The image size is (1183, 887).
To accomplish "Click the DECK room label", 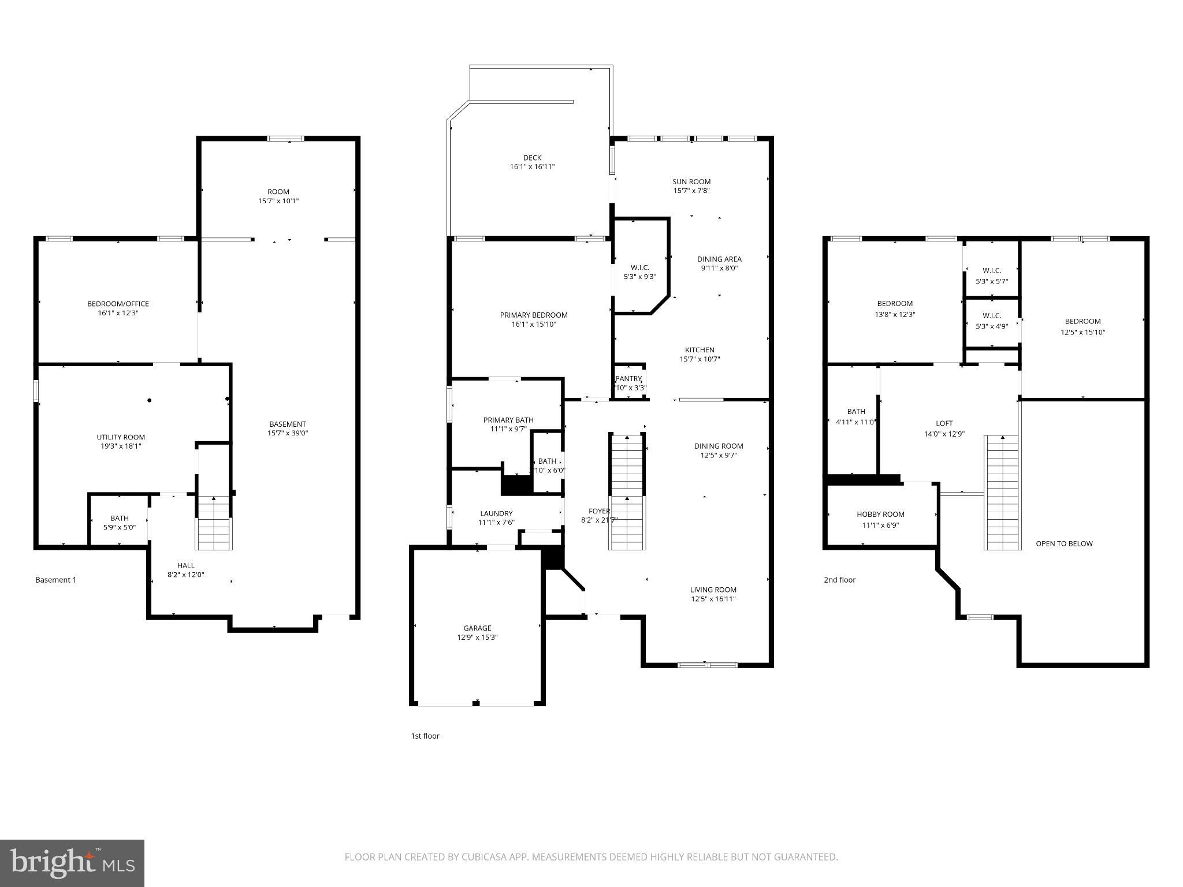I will pyautogui.click(x=532, y=158).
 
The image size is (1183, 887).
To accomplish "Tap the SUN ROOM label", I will pyautogui.click(x=691, y=181).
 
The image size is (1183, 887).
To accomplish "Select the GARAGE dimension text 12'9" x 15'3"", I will pyautogui.click(x=477, y=638).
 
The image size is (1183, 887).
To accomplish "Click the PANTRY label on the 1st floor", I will pyautogui.click(x=628, y=379).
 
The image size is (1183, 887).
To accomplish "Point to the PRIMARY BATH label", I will pyautogui.click(x=508, y=420).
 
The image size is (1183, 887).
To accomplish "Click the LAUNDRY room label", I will pyautogui.click(x=496, y=513).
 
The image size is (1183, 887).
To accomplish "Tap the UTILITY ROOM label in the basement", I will pyautogui.click(x=121, y=437).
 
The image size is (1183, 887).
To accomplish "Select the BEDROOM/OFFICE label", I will pyautogui.click(x=118, y=304).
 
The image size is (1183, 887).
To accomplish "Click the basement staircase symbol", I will pyautogui.click(x=214, y=523).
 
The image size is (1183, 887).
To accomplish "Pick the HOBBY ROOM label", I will pyautogui.click(x=880, y=514).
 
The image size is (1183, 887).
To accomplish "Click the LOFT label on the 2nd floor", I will pyautogui.click(x=944, y=423).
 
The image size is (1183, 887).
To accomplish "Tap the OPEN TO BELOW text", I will pyautogui.click(x=1064, y=543).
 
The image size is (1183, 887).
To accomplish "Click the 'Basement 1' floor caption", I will pyautogui.click(x=55, y=580).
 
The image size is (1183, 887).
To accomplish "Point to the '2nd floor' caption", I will pyautogui.click(x=839, y=580).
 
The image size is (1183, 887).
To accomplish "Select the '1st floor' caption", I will pyautogui.click(x=425, y=736).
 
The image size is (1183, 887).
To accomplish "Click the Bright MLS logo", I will pyautogui.click(x=72, y=863).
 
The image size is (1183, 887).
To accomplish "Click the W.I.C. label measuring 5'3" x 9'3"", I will pyautogui.click(x=639, y=267).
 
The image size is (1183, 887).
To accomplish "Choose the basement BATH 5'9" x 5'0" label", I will pyautogui.click(x=120, y=518).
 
